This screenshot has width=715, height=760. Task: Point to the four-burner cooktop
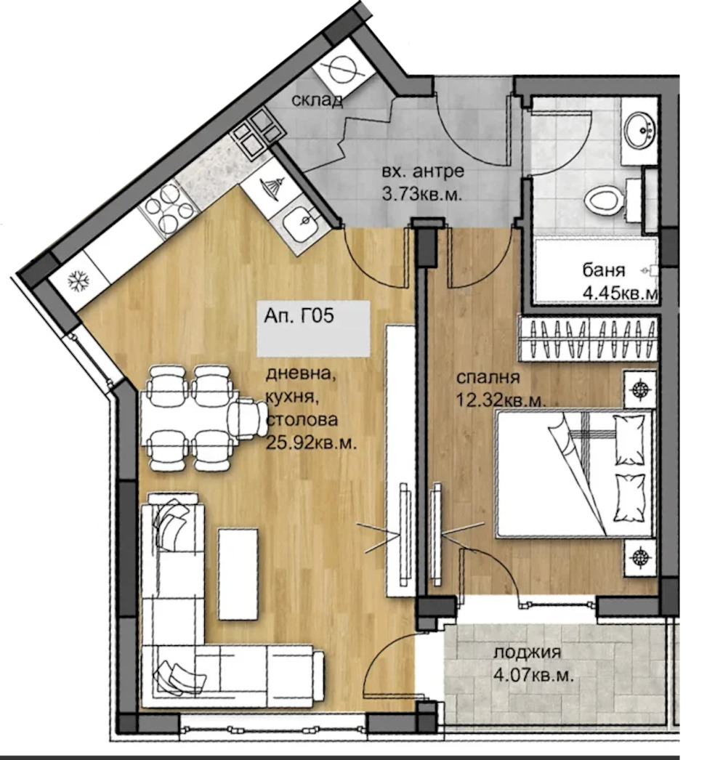click(168, 209)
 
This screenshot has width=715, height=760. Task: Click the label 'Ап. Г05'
click(299, 316)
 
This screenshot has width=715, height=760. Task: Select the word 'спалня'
click(488, 378)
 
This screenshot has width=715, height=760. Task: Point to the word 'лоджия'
click(528, 653)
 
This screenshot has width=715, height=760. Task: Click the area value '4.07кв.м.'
click(533, 675)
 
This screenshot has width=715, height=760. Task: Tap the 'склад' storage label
click(318, 100)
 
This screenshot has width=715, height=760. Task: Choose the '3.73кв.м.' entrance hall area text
click(421, 195)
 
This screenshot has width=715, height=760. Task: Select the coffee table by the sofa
click(238, 575)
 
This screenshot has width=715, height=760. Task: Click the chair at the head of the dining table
click(246, 419)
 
